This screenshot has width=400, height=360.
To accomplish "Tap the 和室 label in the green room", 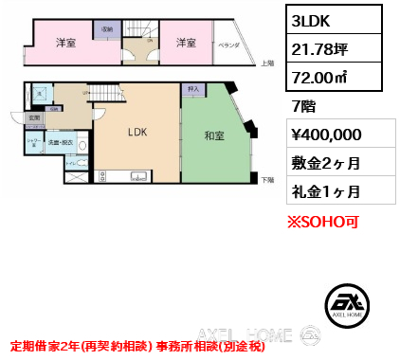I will [213, 135].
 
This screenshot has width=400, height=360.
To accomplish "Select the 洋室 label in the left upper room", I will [64, 43].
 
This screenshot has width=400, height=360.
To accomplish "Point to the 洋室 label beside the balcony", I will [185, 43].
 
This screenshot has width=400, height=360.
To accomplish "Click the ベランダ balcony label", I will [227, 45].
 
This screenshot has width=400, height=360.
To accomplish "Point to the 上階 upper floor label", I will [267, 63].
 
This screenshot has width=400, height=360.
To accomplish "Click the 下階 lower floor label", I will [267, 179].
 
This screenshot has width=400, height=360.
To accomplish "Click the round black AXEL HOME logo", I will [346, 300].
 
